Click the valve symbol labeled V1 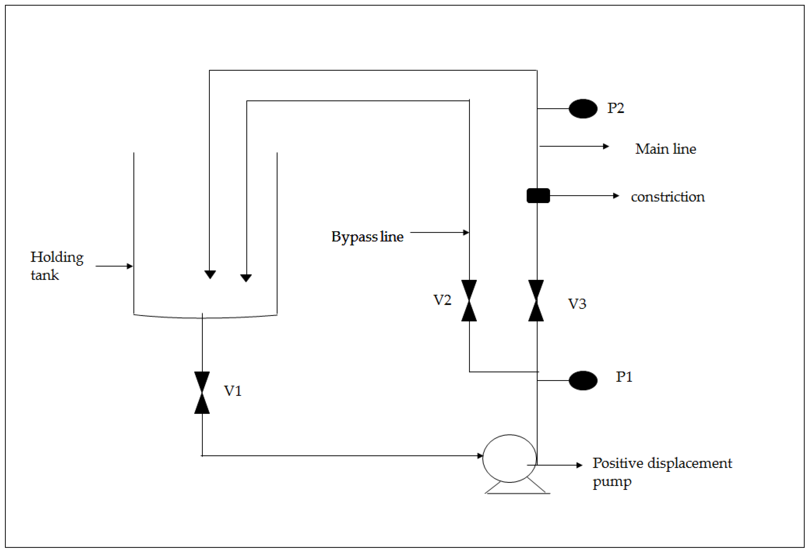tap(202, 392)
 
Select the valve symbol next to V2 tap(469, 301)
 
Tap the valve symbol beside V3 tap(536, 301)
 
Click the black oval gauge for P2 tap(583, 109)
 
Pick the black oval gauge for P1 tap(583, 380)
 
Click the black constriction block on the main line tap(538, 196)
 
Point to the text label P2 tap(615, 108)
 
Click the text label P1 tap(624, 377)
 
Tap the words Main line tap(665, 149)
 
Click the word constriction tap(667, 197)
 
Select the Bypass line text tap(367, 237)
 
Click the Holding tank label tap(57, 266)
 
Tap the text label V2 tap(442, 300)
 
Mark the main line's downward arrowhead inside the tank tap(210, 275)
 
